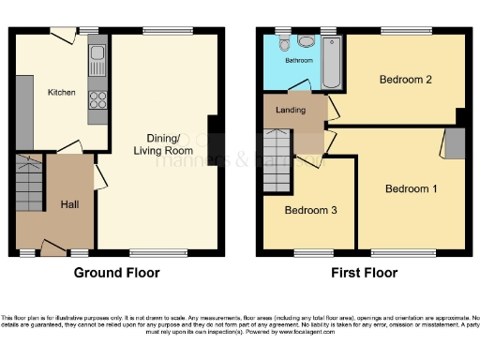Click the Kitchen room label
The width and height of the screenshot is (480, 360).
click(x=62, y=93)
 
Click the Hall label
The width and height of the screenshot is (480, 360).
click(x=69, y=204)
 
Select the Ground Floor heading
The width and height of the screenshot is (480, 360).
click(x=116, y=274)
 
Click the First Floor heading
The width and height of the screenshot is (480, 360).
click(x=364, y=274)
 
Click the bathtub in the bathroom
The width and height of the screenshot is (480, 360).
click(x=331, y=64)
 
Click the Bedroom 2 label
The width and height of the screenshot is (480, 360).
click(x=405, y=80)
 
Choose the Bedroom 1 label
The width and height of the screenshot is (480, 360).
click(x=411, y=188)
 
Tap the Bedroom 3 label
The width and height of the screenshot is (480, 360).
click(x=310, y=210)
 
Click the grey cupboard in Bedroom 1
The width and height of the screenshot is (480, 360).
click(x=454, y=143)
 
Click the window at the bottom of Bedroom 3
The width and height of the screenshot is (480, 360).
click(x=308, y=252)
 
